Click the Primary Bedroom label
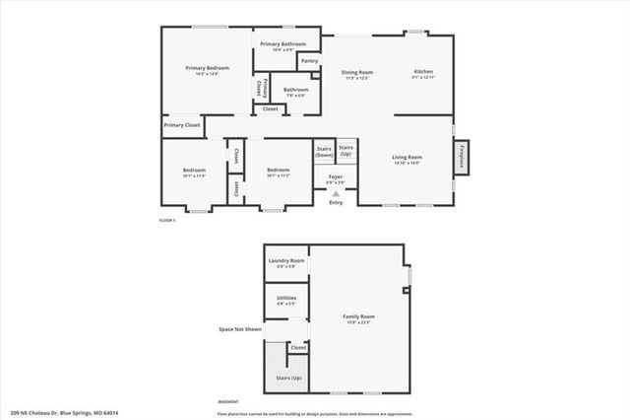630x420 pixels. click(207, 68)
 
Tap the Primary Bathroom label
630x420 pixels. click(283, 44)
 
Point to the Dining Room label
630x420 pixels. click(357, 72)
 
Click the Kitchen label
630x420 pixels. click(423, 72)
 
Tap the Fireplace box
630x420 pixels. click(462, 157)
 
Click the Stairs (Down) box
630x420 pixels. click(324, 153)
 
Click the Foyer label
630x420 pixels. click(335, 178)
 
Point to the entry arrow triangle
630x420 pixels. click(336, 194)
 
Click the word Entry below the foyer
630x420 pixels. click(336, 203)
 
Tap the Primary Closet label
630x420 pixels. click(182, 125)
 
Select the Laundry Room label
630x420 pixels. click(286, 261)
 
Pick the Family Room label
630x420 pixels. click(358, 317)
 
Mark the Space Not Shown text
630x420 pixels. click(239, 328)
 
